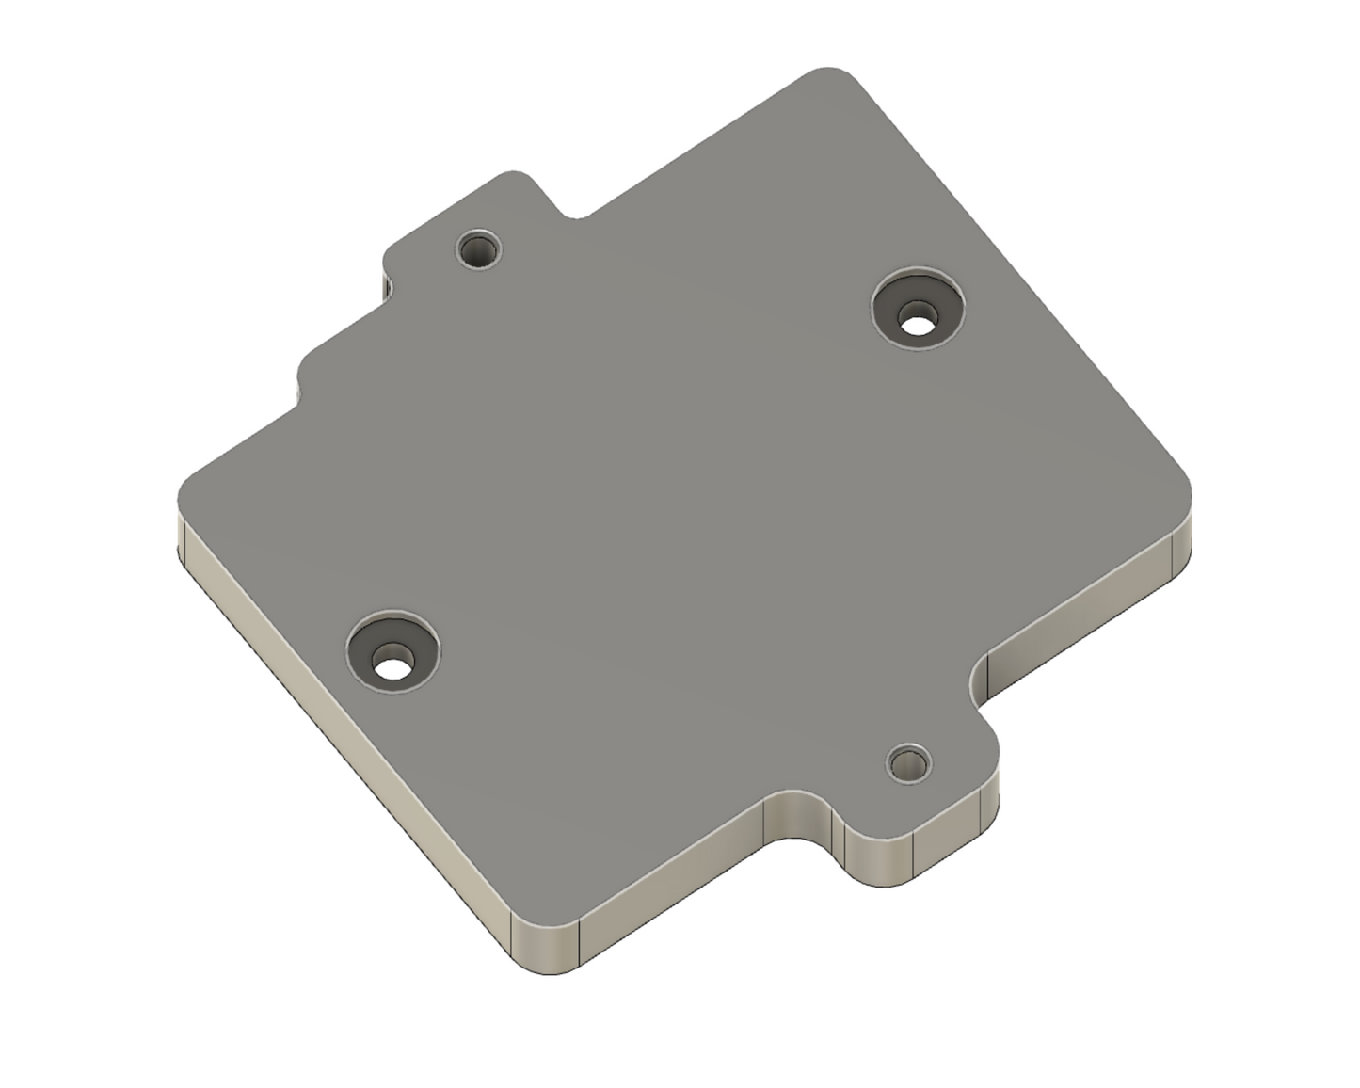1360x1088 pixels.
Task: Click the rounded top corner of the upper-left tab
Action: click(x=514, y=176)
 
